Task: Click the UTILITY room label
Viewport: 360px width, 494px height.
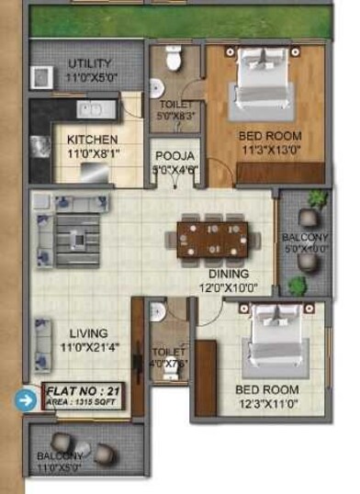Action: tap(89, 63)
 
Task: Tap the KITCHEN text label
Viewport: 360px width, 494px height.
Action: tap(93, 140)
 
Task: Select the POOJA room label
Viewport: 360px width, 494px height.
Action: tap(174, 156)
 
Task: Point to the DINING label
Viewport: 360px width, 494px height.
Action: tap(228, 274)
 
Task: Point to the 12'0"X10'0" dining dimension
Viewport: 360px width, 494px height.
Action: tap(228, 286)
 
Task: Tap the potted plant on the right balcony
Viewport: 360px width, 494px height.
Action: tap(317, 199)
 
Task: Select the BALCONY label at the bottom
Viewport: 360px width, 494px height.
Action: tap(61, 455)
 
